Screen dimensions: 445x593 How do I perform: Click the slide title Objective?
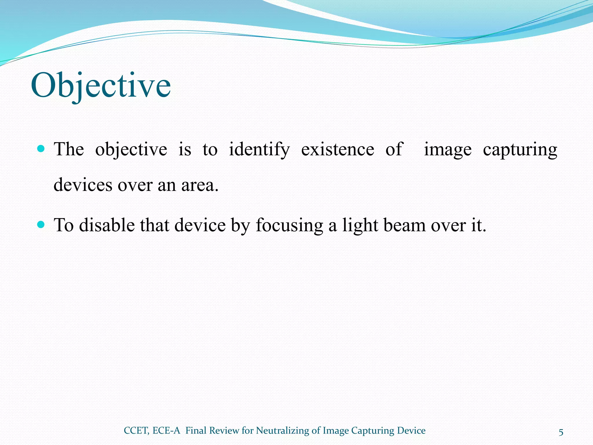(x=101, y=85)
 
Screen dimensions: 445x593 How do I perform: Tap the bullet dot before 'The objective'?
(x=41, y=149)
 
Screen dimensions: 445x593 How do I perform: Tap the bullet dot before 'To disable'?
(x=41, y=225)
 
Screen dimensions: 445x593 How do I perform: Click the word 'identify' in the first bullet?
(x=259, y=150)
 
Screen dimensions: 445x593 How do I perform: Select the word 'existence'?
(x=338, y=149)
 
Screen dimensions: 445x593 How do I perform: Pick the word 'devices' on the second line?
(x=83, y=185)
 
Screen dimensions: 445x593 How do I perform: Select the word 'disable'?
(x=107, y=225)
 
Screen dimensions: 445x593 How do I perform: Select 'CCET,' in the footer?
(x=136, y=431)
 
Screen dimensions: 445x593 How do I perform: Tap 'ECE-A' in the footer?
(x=166, y=431)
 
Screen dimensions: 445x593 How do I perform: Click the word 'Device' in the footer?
(x=411, y=431)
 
